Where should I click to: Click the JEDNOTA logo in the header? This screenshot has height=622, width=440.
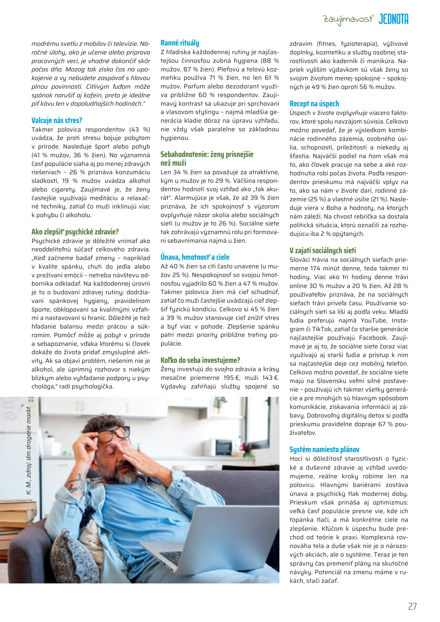(x=393, y=19)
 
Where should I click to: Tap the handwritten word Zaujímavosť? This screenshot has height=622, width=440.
(x=348, y=20)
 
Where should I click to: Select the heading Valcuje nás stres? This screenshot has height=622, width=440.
(x=57, y=120)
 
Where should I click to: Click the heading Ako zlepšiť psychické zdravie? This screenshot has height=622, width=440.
(x=75, y=232)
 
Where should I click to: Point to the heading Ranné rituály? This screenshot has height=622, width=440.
(x=180, y=43)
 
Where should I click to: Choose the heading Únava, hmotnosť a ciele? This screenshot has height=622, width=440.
(x=195, y=257)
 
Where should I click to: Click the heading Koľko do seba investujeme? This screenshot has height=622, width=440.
(x=200, y=360)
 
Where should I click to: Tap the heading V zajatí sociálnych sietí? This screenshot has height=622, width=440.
(x=323, y=251)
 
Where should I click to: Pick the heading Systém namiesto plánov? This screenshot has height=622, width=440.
(x=324, y=450)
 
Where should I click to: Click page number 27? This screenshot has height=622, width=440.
(x=412, y=606)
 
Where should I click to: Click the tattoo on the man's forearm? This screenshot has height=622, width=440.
(x=76, y=484)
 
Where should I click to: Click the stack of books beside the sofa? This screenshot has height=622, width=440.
(x=14, y=527)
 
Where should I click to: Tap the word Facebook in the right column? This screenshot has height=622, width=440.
(x=373, y=338)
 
